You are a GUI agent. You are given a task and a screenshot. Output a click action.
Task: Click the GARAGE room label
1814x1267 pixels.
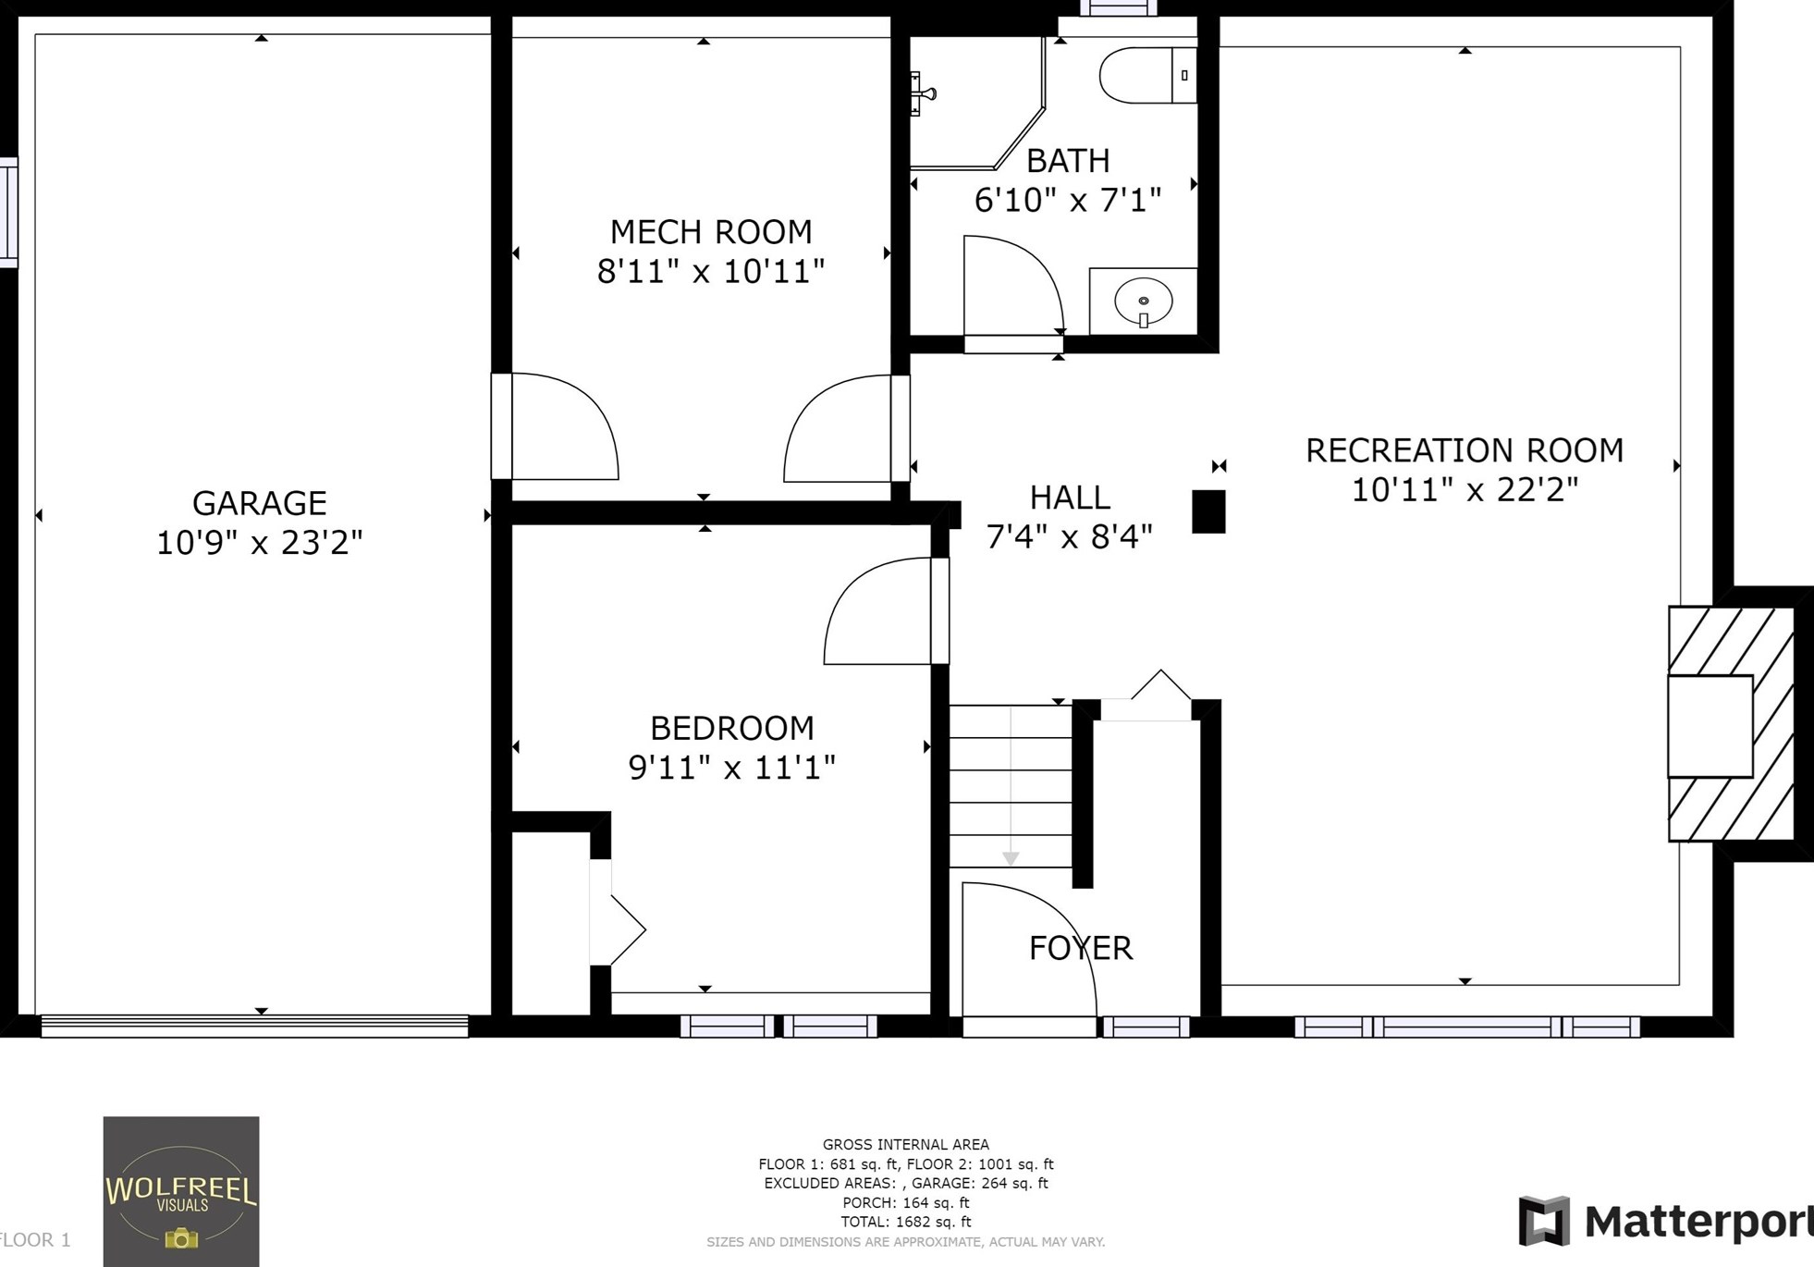click(x=259, y=503)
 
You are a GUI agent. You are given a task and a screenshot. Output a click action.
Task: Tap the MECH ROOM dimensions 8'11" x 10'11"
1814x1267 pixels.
click(x=710, y=272)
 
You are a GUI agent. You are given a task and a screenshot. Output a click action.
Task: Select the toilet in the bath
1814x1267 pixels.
click(x=1146, y=75)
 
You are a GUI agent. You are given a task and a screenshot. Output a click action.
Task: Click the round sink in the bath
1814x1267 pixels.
click(x=1144, y=301)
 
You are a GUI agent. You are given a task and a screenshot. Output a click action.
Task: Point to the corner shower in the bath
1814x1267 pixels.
click(x=971, y=106)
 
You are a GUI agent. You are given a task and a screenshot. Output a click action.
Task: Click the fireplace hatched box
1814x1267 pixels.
click(x=1731, y=724)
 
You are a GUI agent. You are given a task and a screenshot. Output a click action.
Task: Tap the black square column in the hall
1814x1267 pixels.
click(x=1208, y=511)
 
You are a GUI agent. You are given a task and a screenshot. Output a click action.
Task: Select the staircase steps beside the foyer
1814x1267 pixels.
click(x=1011, y=786)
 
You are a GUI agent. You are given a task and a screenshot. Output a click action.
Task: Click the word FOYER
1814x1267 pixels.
click(x=1081, y=948)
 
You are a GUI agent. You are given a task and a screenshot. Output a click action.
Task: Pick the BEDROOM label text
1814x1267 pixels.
click(x=731, y=728)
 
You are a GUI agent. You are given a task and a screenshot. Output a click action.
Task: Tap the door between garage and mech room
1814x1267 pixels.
click(x=555, y=427)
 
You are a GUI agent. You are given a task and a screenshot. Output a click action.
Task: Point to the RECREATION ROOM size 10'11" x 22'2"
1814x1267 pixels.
click(x=1465, y=490)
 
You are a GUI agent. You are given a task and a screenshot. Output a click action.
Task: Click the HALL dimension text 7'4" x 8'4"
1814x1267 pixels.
click(x=1069, y=536)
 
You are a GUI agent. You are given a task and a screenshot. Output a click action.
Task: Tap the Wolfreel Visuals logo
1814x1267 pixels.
click(x=181, y=1191)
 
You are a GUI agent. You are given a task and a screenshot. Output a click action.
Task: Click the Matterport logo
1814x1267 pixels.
click(x=1664, y=1221)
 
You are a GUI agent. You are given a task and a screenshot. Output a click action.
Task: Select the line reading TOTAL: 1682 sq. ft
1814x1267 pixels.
click(x=905, y=1222)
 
